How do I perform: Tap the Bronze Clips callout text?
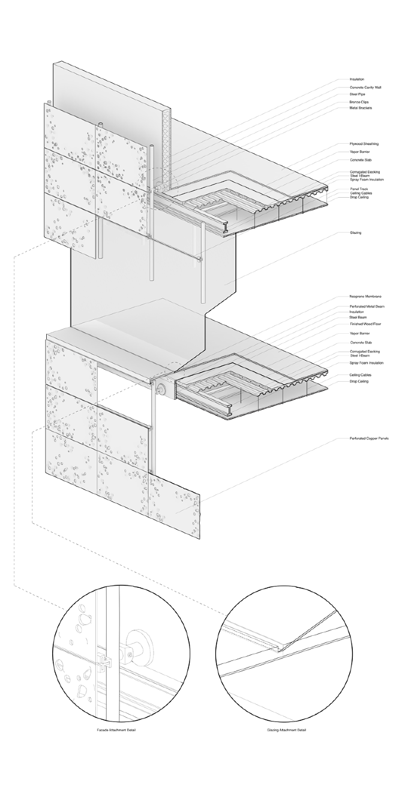tap(358, 102)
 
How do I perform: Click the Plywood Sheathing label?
tap(364, 144)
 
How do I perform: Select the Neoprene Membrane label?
tap(366, 297)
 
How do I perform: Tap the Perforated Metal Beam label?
tap(367, 306)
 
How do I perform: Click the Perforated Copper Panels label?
tap(368, 439)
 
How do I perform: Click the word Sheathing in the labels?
tap(370, 144)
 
